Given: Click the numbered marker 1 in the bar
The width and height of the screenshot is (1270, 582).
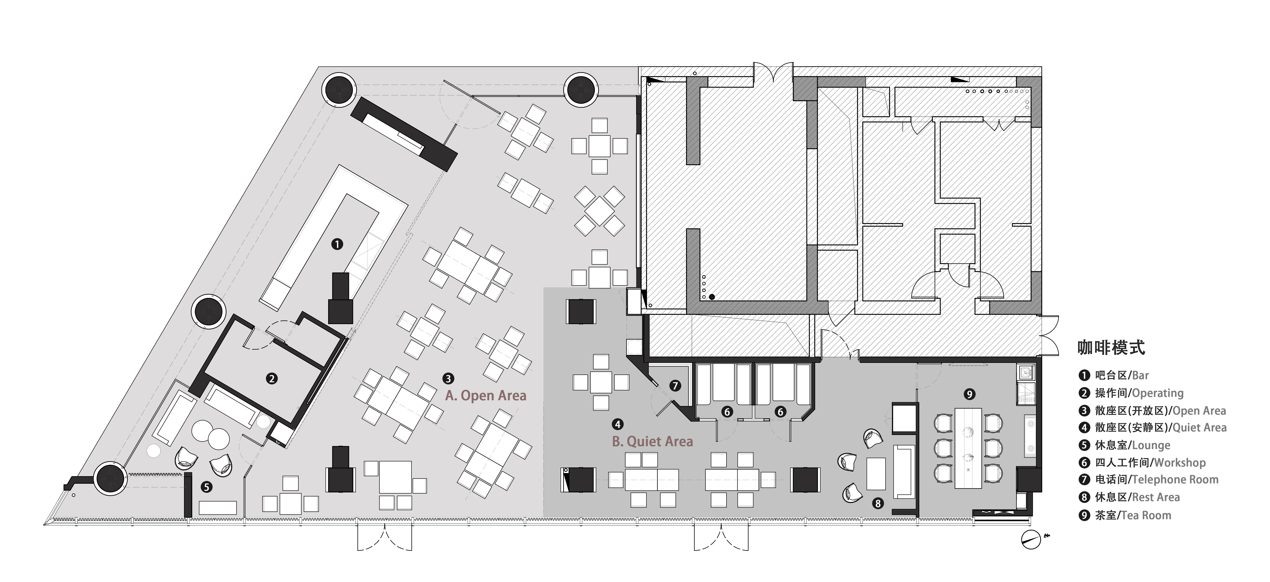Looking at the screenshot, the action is (x=337, y=244).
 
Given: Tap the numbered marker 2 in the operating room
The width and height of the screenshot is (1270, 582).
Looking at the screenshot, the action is (x=272, y=378).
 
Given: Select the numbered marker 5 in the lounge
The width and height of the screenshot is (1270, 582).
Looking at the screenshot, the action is (x=207, y=487).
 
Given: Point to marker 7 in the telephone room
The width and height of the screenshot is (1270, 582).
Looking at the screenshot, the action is (x=675, y=386).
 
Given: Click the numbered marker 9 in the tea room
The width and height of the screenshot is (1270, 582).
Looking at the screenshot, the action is (x=969, y=394).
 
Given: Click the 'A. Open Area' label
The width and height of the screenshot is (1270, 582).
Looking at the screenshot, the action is (x=486, y=396).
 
